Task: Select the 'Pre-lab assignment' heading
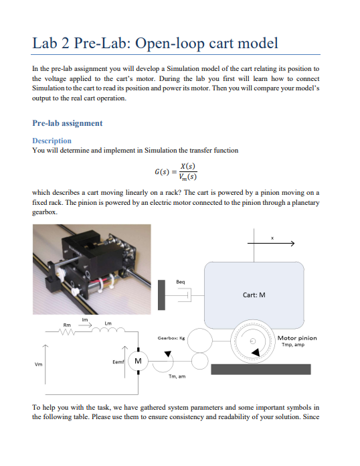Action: [68, 123]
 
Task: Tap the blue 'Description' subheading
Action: [52, 141]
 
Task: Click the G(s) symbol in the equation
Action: [162, 172]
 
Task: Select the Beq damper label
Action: [181, 281]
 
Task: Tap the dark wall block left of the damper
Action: [161, 294]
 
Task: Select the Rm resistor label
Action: [67, 325]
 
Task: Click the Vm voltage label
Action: [38, 364]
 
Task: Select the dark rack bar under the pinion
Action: [260, 369]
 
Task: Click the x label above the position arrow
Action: [272, 237]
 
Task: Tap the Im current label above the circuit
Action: [84, 319]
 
